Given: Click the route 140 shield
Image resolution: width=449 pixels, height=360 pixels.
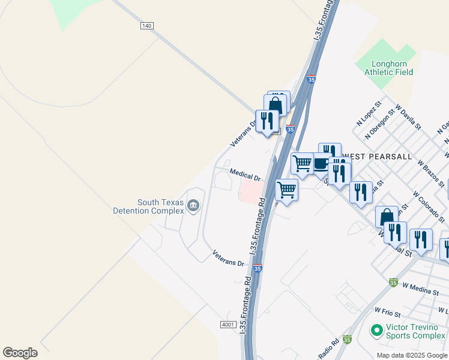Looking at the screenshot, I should pyautogui.click(x=147, y=26).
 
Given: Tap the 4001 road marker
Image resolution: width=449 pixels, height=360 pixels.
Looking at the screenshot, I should pyautogui.click(x=228, y=325).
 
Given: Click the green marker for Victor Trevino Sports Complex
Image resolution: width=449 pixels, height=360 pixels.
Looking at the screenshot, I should pyautogui.click(x=377, y=329).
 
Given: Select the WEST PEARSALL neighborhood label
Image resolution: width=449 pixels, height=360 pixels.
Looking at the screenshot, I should pyautogui.click(x=377, y=157).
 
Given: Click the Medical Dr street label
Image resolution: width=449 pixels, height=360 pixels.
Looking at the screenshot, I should pyautogui.click(x=245, y=175).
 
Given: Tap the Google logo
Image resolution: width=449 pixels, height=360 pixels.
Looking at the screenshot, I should pyautogui.click(x=20, y=353).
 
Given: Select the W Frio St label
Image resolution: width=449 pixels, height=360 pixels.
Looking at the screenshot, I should pyautogui.click(x=387, y=312).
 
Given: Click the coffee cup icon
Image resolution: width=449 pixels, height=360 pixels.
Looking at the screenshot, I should pyautogui.click(x=322, y=163).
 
